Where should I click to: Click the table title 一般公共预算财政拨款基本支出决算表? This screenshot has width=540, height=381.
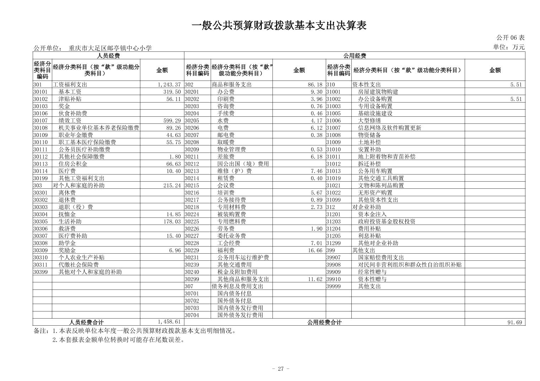pos(279,26)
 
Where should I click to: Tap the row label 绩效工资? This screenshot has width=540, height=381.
pos(70,121)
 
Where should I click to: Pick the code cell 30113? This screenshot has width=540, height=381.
pos(40,164)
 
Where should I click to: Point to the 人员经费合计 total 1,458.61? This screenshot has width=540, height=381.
pos(169,322)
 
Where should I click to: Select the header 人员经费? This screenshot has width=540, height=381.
pos(108,56)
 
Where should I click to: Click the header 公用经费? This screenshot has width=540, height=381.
pos(354,56)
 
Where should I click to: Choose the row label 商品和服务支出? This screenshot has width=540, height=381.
pos(231,85)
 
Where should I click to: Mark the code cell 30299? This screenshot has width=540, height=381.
pos(192,279)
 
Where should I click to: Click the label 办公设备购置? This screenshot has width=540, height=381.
pos(375,99)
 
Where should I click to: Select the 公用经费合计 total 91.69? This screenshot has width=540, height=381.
pos(515,322)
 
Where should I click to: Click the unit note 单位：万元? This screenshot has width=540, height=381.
pos(508,47)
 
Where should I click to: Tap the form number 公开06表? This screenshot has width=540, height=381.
pos(510,38)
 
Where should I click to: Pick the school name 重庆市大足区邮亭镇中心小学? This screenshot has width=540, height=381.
pos(110,48)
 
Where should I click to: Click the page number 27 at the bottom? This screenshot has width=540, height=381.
pos(281,369)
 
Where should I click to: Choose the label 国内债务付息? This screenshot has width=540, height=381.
pos(234,293)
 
